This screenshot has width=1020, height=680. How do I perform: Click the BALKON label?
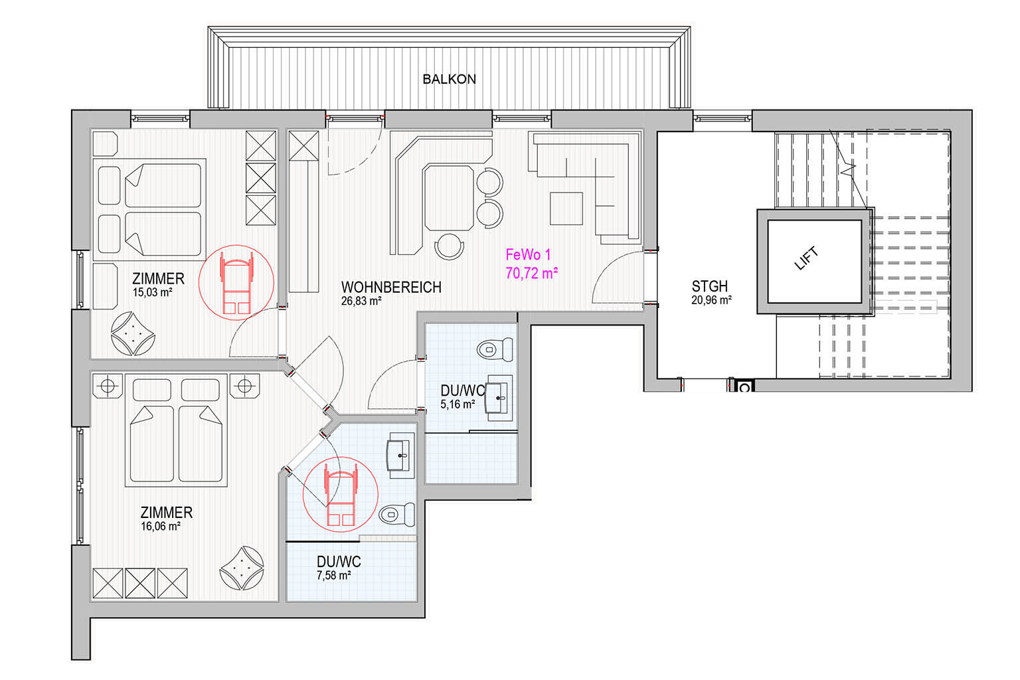pyautogui.click(x=449, y=79)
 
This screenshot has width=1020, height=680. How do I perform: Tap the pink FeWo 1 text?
pyautogui.click(x=528, y=254)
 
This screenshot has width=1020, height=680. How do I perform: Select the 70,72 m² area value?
pyautogui.click(x=531, y=274)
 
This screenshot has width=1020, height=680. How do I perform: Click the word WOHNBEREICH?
pyautogui.click(x=391, y=288)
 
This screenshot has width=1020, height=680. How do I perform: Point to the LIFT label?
pyautogui.click(x=806, y=258)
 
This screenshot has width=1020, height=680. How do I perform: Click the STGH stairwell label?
pyautogui.click(x=709, y=286)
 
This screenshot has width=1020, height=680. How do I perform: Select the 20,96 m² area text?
pyautogui.click(x=711, y=300)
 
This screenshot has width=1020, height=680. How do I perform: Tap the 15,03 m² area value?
pyautogui.click(x=153, y=292)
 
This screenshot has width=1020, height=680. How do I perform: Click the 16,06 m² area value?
pyautogui.click(x=160, y=527)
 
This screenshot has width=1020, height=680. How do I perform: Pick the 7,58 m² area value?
pyautogui.click(x=334, y=576)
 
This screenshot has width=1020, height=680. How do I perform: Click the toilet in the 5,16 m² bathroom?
pyautogui.click(x=495, y=350)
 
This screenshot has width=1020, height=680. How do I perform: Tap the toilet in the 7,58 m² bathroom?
pyautogui.click(x=396, y=515)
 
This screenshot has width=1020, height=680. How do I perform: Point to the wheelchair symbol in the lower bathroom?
pyautogui.click(x=340, y=494)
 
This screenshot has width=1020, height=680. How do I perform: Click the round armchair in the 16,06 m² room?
pyautogui.click(x=242, y=568)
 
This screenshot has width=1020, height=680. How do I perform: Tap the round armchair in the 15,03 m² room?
pyautogui.click(x=133, y=334)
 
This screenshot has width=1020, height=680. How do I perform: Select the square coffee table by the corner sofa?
pyautogui.click(x=566, y=209)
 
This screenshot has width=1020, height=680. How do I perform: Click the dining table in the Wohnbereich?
pyautogui.click(x=449, y=198)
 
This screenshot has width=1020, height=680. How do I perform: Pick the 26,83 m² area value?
pyautogui.click(x=361, y=301)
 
